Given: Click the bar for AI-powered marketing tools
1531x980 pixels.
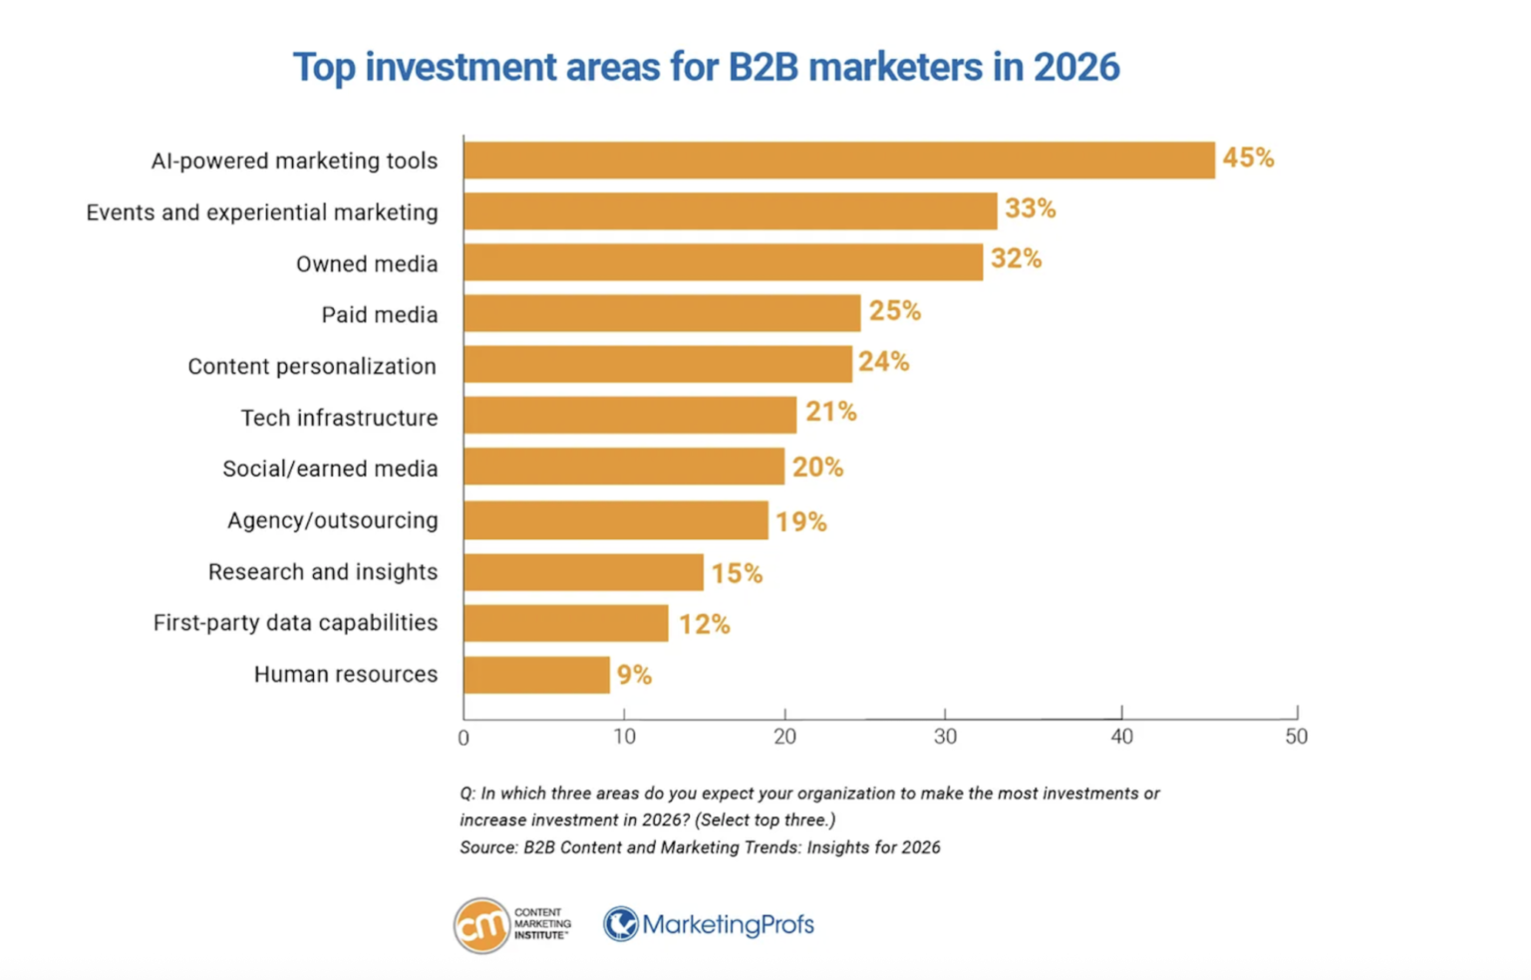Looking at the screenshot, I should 838,161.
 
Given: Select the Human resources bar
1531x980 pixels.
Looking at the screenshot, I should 536,675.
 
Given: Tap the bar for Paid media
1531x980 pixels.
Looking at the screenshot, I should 661,314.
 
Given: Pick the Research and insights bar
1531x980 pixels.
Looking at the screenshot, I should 583,572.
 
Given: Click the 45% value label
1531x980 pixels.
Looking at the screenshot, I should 1248,159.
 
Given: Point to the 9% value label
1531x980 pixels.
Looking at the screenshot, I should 634,675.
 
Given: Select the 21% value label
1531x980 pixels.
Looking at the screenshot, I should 830,412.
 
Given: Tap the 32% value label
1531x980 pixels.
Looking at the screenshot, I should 1016,259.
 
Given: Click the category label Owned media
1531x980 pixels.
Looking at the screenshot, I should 367,264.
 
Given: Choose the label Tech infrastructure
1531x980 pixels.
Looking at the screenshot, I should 339,418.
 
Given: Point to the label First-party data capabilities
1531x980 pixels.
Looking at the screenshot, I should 295,623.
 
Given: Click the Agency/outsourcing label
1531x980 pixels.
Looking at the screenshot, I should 332,520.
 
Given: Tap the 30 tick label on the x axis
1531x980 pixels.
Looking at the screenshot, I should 945,737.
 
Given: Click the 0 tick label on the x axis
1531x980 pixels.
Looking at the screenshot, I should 463,738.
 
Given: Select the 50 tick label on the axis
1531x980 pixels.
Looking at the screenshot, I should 1296,737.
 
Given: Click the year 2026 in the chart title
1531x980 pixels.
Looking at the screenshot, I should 1076,67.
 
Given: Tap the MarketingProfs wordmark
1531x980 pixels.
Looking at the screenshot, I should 728,925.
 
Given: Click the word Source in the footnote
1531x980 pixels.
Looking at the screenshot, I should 486,847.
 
